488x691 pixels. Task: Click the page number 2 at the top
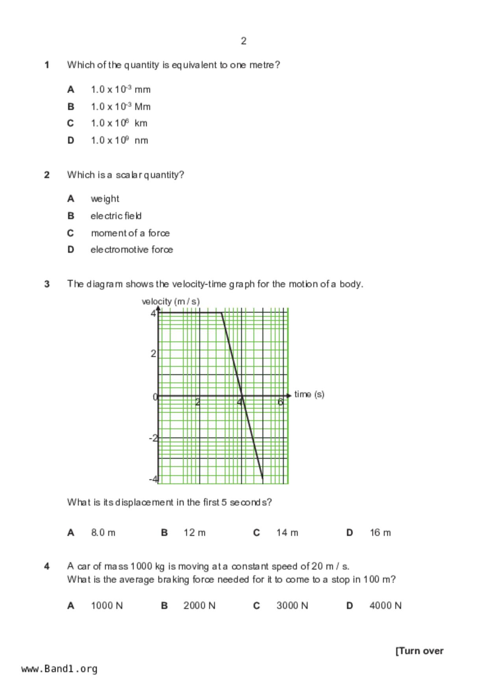243,41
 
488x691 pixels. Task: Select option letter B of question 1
71,107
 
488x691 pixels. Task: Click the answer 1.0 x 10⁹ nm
119,140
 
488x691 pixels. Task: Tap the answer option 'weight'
105,199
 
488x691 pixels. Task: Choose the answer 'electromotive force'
132,250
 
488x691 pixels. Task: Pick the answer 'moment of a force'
130,233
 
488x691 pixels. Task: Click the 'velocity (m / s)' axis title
171,302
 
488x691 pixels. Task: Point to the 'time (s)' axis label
309,394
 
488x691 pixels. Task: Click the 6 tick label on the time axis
280,402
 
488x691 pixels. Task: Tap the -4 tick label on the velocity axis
153,479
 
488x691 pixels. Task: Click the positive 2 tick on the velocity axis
153,353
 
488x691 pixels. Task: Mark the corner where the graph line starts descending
221,313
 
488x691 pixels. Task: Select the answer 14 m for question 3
287,533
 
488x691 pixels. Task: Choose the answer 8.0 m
103,533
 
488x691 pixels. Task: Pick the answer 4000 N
385,606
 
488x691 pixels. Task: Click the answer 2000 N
199,606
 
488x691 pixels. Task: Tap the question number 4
47,567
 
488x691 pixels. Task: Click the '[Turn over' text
419,651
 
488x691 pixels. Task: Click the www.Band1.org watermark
59,669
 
